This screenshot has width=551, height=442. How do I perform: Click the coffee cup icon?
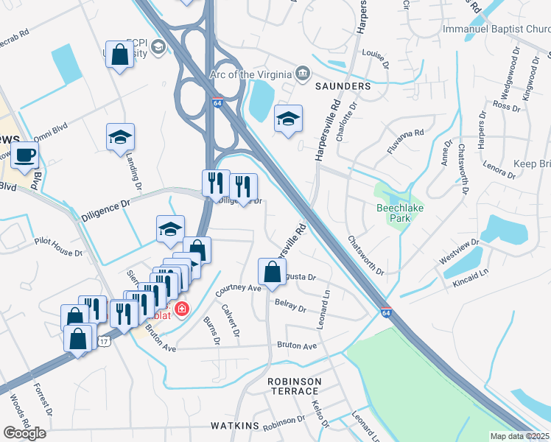25,155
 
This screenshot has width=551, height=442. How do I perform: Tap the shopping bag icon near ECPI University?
119,55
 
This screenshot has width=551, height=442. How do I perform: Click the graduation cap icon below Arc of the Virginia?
288,119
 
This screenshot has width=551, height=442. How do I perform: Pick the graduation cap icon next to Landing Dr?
120,137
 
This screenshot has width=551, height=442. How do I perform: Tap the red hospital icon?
180,309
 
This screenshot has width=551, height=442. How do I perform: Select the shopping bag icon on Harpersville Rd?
272,272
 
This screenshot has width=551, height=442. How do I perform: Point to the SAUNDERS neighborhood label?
343,86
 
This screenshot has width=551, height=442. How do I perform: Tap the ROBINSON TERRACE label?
295,385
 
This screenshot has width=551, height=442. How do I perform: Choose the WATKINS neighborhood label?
234,426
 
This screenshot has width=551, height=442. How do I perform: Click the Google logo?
24,432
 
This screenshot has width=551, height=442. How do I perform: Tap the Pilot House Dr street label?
58,247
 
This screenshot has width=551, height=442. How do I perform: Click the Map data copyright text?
520,435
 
